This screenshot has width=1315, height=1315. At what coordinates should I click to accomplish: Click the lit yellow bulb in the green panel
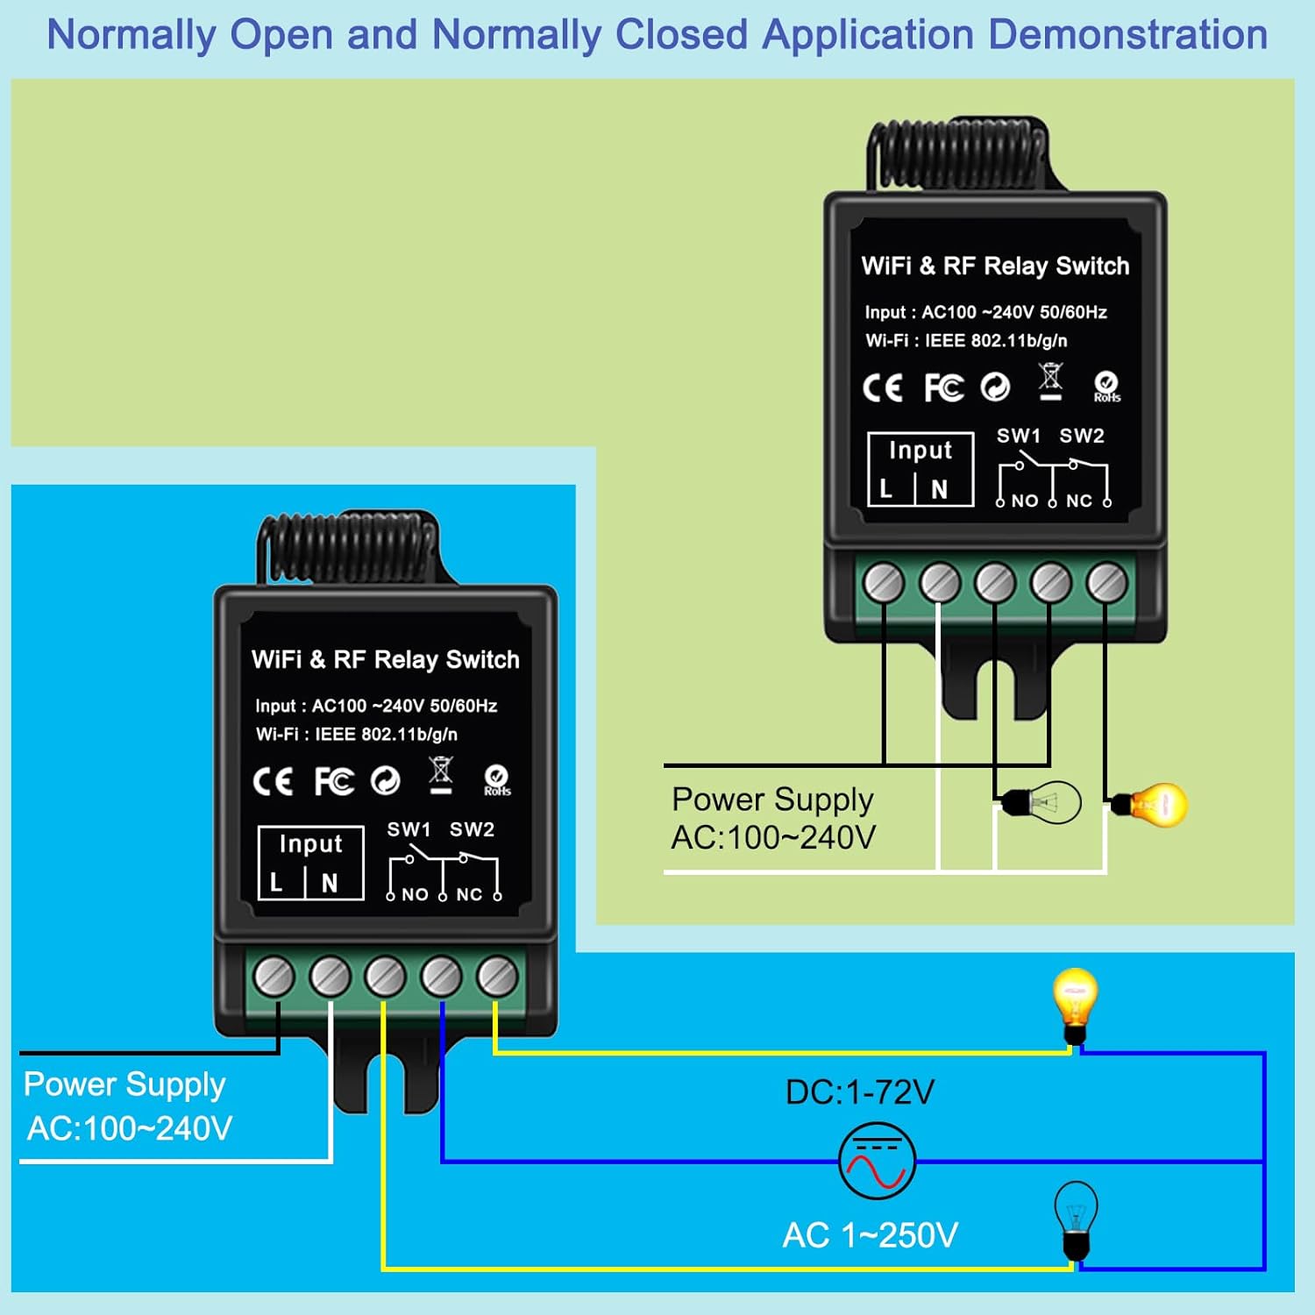click(1150, 804)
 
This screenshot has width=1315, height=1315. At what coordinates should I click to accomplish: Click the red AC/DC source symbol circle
click(877, 1161)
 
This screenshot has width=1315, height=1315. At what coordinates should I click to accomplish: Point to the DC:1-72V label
click(860, 1092)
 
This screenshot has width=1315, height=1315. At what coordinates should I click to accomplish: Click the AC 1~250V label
click(871, 1235)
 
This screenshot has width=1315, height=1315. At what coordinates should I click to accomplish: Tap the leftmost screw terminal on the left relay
click(274, 976)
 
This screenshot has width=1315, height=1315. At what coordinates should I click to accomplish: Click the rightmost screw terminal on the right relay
click(1107, 583)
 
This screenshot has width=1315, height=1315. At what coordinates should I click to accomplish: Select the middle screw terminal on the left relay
click(386, 976)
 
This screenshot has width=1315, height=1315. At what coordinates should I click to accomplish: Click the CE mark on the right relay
click(882, 387)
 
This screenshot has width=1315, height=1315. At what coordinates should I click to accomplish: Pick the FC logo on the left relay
click(334, 781)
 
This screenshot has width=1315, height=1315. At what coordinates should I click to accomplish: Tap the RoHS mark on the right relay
click(1106, 387)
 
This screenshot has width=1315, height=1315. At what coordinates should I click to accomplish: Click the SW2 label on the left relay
click(472, 829)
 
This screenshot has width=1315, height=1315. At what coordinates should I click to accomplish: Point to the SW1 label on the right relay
click(1019, 436)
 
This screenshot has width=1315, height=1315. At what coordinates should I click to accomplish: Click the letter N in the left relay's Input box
click(330, 883)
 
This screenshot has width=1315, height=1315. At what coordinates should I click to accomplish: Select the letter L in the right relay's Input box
click(886, 489)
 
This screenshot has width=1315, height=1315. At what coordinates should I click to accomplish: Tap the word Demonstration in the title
click(1128, 35)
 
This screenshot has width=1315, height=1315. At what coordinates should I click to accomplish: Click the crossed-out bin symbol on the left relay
click(441, 776)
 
